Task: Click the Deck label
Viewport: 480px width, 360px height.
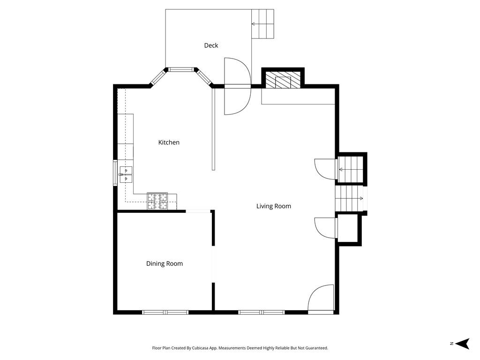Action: click(x=211, y=45)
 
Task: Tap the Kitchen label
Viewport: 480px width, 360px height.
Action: click(x=169, y=142)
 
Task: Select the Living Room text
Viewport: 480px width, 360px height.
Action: click(x=273, y=206)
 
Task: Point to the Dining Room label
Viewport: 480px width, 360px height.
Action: click(x=164, y=264)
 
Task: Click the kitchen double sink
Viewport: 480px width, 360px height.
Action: click(x=126, y=174)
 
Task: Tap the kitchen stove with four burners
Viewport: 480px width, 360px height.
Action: click(x=157, y=201)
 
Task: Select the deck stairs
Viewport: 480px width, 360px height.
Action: click(x=263, y=24)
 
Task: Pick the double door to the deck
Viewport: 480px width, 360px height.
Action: click(x=238, y=86)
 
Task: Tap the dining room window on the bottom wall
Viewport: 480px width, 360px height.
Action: click(x=165, y=312)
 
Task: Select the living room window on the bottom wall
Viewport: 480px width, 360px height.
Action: click(x=261, y=312)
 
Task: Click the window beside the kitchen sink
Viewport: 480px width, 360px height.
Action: click(x=115, y=173)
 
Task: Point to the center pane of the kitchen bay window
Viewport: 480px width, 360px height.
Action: click(x=181, y=69)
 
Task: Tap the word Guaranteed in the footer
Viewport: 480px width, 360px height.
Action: click(x=315, y=348)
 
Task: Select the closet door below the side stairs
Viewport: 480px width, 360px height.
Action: click(x=325, y=228)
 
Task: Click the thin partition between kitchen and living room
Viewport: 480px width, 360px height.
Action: click(x=213, y=129)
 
